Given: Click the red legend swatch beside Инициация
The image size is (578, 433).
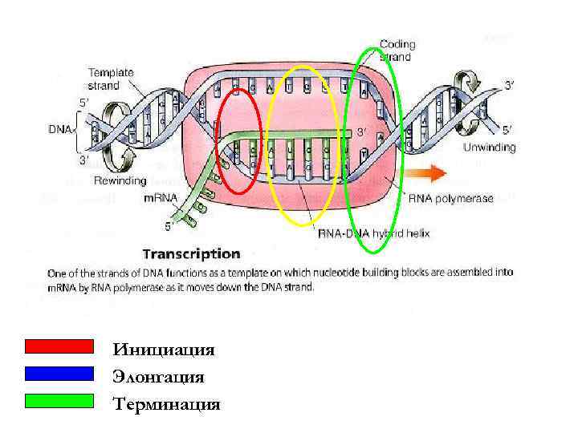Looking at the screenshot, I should click(x=59, y=346).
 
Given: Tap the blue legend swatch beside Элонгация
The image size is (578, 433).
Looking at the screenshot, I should click(x=59, y=374).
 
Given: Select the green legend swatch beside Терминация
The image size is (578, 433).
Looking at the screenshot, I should click(x=59, y=400).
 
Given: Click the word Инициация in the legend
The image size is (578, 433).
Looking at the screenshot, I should click(x=164, y=350).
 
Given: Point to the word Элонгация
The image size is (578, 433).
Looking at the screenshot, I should click(x=158, y=377).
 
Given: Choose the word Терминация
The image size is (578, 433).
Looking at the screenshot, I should click(x=166, y=404).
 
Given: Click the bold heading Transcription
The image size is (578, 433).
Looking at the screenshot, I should click(x=190, y=254).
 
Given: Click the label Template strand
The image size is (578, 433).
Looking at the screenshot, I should click(x=111, y=79).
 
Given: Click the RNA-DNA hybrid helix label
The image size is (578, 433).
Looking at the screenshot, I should click(x=374, y=234).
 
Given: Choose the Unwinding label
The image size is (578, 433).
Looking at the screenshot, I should click(x=489, y=148).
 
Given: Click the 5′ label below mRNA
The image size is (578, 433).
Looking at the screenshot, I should click(x=168, y=226).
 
